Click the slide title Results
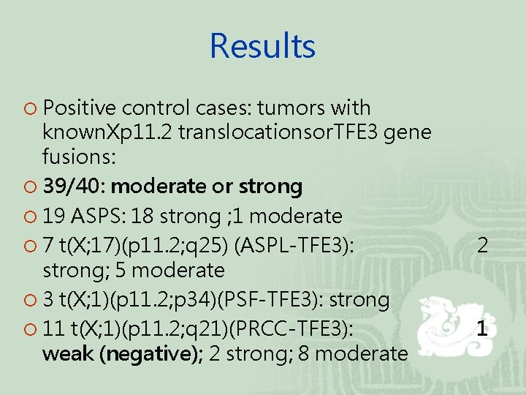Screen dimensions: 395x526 pos(262,46)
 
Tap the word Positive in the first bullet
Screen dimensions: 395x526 pos(80,108)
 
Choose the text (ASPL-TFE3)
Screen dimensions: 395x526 pos(294,246)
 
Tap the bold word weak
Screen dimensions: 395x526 pos(69,354)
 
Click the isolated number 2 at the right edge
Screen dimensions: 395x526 pos(482,246)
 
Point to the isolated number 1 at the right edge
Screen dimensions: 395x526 pos(482,330)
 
